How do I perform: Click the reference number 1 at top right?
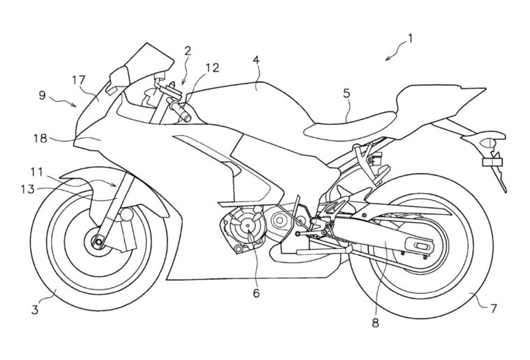point(410,39)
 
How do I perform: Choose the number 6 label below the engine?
point(256,294)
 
